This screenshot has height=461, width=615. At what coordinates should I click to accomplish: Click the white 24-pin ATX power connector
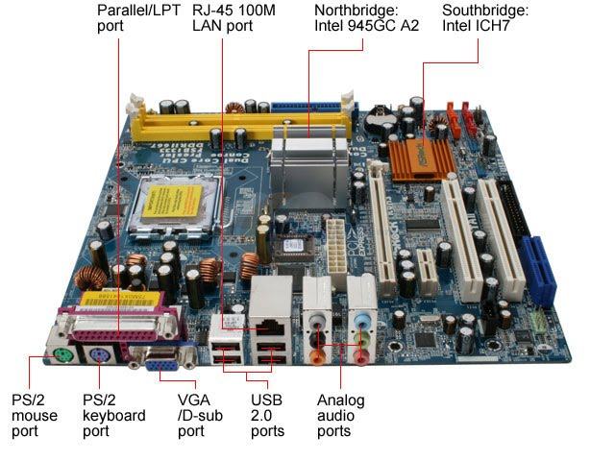pos(338,251)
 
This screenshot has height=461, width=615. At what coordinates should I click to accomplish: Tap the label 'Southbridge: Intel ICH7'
pos(485,18)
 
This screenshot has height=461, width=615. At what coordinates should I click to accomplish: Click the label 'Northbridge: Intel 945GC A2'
pos(366,18)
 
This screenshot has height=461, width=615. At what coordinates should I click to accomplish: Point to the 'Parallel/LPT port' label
pos(138,18)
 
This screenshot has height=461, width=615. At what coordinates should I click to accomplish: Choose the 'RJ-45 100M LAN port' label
pos(234,18)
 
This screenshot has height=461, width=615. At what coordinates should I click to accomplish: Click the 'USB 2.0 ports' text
pos(267,415)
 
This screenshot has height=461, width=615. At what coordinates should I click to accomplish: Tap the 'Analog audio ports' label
pos(340,415)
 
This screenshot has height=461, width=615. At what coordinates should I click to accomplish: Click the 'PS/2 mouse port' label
pos(35,415)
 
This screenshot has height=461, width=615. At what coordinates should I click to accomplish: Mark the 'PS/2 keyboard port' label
pos(114,415)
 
